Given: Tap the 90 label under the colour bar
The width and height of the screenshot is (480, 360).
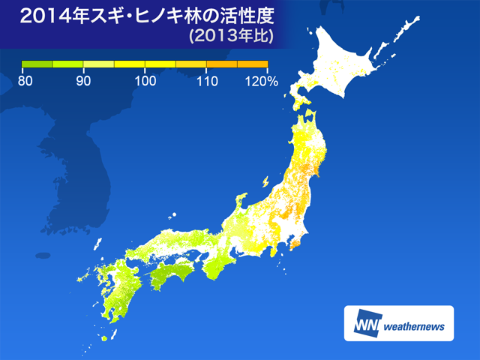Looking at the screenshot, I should pyautogui.click(x=84, y=80).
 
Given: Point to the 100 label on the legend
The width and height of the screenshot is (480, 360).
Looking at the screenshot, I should pyautogui.click(x=144, y=80).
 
